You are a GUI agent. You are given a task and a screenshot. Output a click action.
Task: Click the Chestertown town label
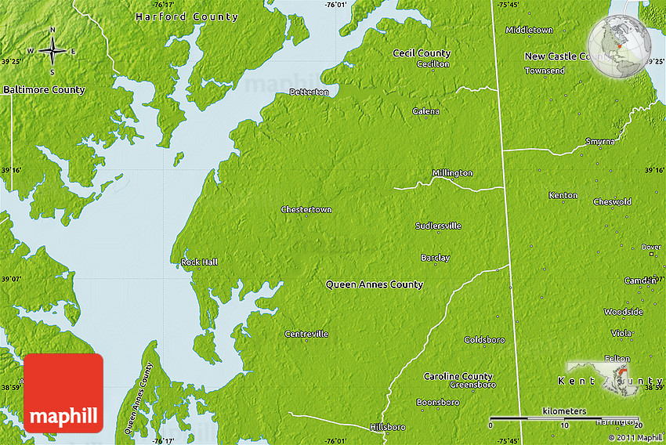(x=306, y=210)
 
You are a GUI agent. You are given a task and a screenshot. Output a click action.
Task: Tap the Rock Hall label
(x=199, y=262)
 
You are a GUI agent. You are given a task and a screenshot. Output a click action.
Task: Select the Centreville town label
(x=306, y=335)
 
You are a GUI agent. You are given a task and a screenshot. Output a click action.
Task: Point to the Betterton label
(x=309, y=92)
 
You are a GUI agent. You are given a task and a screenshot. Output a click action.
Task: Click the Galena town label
(x=425, y=112)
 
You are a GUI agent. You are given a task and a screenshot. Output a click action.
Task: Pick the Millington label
(x=452, y=173)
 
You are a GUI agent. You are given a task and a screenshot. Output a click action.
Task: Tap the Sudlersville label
(x=438, y=226)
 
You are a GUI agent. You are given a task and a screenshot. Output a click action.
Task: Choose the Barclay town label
(x=435, y=258)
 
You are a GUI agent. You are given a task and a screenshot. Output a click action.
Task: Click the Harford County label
(x=186, y=17)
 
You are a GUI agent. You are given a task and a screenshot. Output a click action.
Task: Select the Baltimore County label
(x=44, y=90)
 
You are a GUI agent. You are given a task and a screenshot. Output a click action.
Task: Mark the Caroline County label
(x=458, y=377)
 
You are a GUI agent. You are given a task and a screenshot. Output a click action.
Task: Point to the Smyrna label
(x=599, y=142)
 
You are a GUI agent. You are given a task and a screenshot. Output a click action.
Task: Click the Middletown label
(x=529, y=31)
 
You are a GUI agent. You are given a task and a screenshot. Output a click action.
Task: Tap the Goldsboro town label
(x=484, y=340)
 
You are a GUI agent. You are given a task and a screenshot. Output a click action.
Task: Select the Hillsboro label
(x=387, y=427)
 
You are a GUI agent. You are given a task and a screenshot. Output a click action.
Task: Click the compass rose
(x=52, y=52)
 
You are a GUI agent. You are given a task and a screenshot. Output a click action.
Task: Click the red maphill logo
(x=64, y=393)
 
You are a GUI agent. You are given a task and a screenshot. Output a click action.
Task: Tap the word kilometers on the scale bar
(x=563, y=411)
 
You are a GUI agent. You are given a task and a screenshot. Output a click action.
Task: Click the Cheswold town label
(x=612, y=202)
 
